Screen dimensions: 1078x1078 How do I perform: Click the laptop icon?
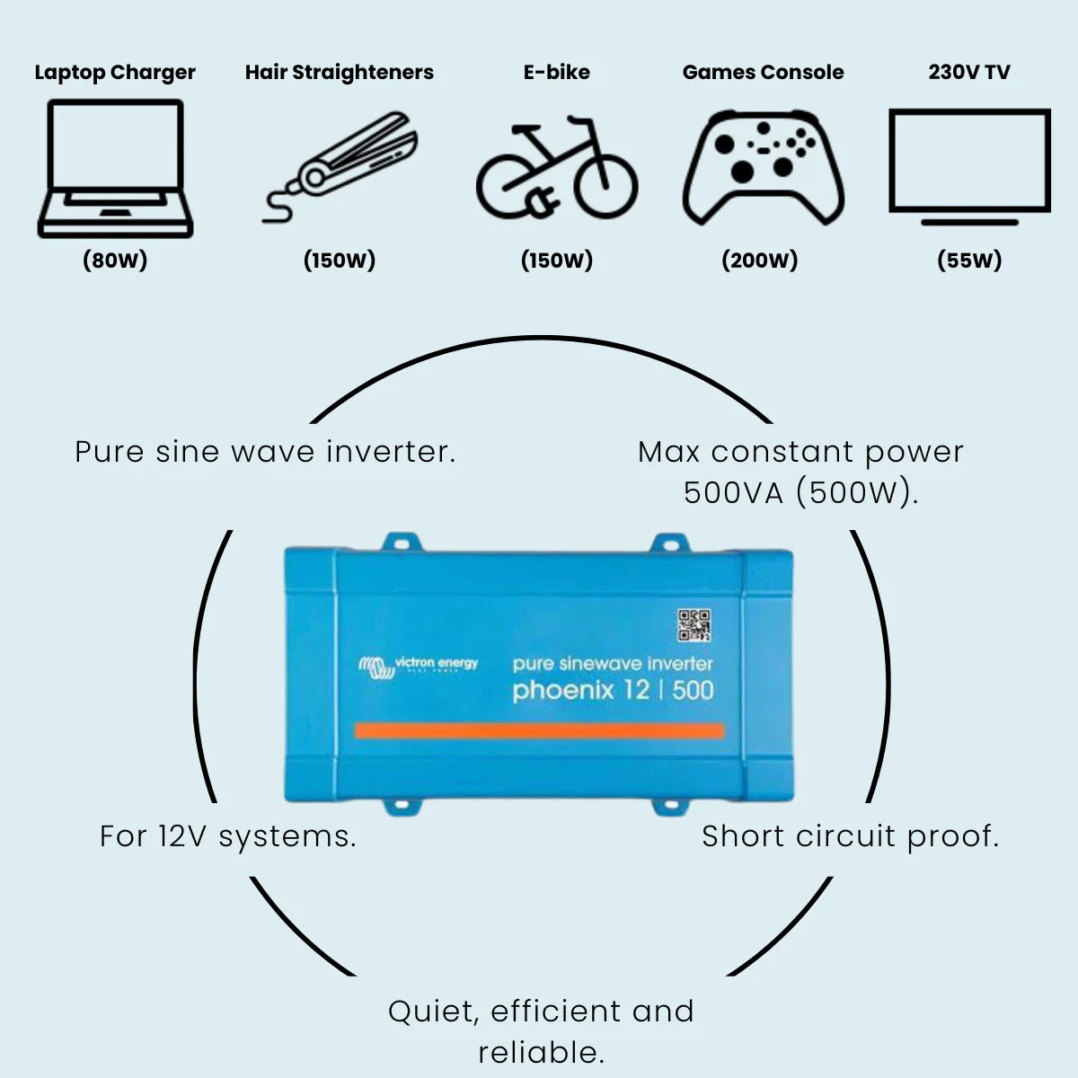coord(115,169)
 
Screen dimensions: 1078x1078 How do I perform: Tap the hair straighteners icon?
coord(341,166)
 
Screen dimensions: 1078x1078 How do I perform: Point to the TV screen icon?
coord(969,162)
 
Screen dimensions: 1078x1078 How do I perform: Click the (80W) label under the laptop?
coord(115,261)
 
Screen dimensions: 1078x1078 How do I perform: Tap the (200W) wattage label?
coord(760,261)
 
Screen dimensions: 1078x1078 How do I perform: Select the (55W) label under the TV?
coord(969,261)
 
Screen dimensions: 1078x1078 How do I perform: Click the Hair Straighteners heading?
coord(340,73)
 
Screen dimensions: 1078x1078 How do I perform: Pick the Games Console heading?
coord(763,73)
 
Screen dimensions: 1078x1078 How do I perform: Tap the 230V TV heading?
coord(969,73)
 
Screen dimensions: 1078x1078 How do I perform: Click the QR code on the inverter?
coord(694,624)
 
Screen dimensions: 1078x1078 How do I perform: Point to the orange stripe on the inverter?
coord(539,730)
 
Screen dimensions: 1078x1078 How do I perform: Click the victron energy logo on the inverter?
coord(420,666)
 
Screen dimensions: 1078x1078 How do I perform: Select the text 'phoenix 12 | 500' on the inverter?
coord(613,691)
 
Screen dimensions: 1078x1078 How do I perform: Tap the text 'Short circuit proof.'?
coord(850,836)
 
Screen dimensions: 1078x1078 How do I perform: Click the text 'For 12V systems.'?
coord(228,836)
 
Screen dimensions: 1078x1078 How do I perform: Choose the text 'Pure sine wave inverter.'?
coord(265,451)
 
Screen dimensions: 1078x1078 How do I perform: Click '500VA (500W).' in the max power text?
coord(800,492)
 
